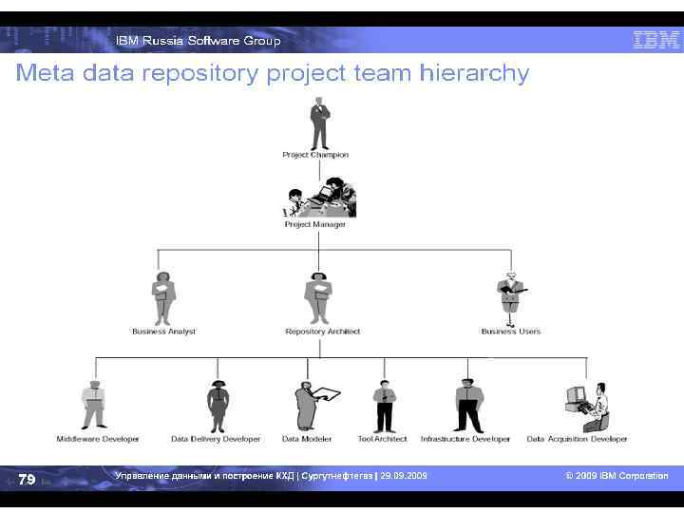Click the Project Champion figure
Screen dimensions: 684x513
click(x=319, y=123)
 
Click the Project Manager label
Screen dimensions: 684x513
click(x=315, y=224)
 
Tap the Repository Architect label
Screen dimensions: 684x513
click(x=323, y=332)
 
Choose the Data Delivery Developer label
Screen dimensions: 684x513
click(x=216, y=439)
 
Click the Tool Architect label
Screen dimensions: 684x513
click(x=383, y=439)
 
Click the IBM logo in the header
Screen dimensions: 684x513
click(x=655, y=40)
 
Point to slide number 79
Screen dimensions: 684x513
click(x=27, y=479)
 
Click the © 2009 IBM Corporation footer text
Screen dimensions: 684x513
click(x=617, y=476)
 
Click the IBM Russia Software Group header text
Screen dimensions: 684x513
click(x=199, y=41)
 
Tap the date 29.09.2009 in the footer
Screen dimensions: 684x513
click(x=404, y=475)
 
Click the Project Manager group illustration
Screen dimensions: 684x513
click(x=321, y=197)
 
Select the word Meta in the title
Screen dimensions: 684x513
click(x=46, y=73)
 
